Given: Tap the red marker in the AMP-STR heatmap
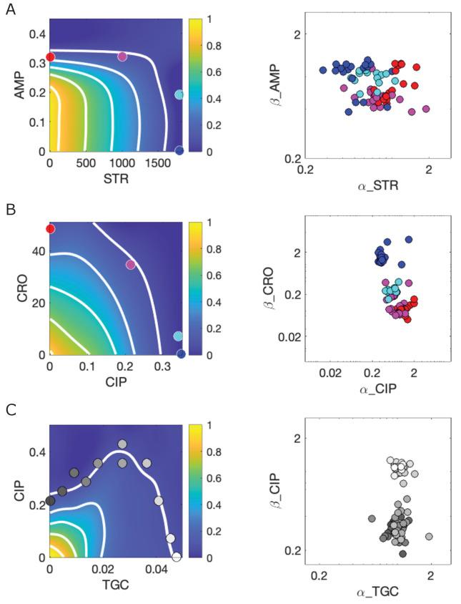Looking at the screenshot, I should pyautogui.click(x=50, y=57).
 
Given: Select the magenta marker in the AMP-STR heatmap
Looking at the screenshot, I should pyautogui.click(x=122, y=56).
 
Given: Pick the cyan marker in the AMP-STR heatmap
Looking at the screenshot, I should pyautogui.click(x=179, y=94).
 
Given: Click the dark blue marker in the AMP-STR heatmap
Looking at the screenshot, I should pyautogui.click(x=179, y=150).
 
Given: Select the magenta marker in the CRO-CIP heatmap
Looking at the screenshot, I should pyautogui.click(x=130, y=265).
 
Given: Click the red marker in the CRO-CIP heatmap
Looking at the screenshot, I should pyautogui.click(x=50, y=228).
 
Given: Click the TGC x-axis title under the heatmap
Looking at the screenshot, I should pyautogui.click(x=114, y=582).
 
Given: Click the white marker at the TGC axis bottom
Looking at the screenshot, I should pyautogui.click(x=177, y=557).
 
